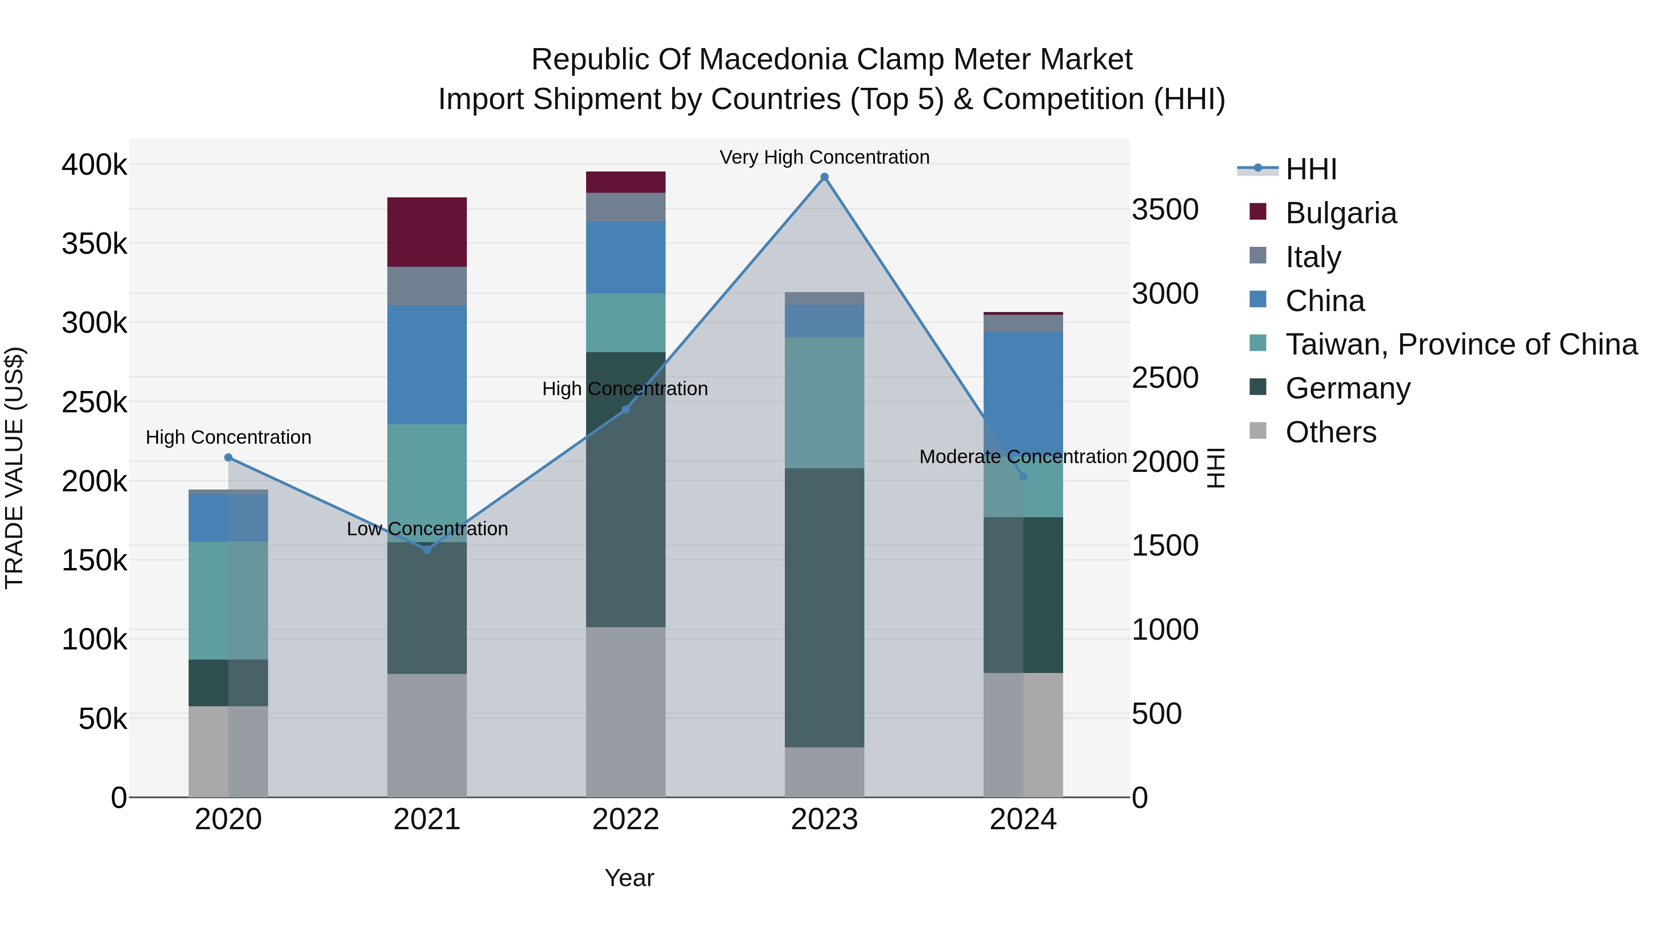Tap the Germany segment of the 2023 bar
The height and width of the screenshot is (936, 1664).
click(824, 607)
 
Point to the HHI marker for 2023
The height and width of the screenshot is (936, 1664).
click(824, 177)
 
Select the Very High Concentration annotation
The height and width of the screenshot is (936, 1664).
click(824, 157)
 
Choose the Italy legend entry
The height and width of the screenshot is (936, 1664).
click(1313, 257)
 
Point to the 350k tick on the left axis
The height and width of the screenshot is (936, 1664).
click(94, 244)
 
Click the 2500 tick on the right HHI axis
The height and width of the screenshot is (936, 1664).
click(1165, 378)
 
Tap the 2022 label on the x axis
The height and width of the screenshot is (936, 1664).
click(625, 820)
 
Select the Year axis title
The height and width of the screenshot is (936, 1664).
click(629, 878)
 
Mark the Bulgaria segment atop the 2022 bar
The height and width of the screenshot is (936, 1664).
click(625, 182)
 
